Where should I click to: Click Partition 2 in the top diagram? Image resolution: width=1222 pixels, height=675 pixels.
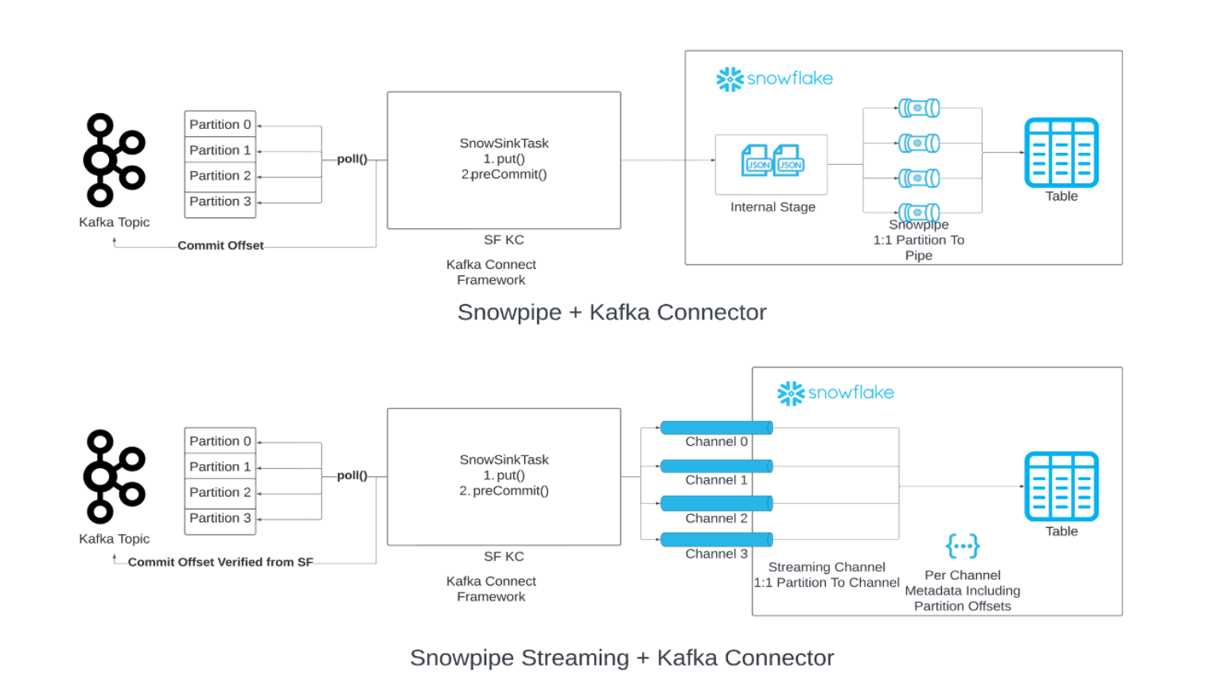coord(220,176)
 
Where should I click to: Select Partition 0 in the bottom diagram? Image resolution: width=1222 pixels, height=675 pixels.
coord(220,441)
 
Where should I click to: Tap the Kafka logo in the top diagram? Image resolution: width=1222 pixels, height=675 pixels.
coord(114,160)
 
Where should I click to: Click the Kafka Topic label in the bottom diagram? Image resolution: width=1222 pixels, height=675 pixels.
coord(114,539)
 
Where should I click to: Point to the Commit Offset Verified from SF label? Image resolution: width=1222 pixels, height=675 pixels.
coord(220,562)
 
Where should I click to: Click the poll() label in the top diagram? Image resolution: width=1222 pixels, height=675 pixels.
coord(352,159)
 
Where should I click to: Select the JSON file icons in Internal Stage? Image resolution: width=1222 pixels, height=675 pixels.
coord(772,161)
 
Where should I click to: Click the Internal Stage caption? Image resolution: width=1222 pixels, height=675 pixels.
coord(773,207)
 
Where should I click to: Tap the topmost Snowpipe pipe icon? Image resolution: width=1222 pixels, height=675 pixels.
coord(919,107)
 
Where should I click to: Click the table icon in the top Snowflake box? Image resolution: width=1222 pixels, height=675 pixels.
coord(1061,153)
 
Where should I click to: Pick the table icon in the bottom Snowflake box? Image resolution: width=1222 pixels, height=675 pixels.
coord(1061,486)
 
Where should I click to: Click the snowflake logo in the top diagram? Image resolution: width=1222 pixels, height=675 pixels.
coord(774,79)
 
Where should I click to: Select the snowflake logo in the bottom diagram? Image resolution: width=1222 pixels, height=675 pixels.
coord(835,393)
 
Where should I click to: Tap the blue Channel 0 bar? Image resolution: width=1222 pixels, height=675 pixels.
coord(716,428)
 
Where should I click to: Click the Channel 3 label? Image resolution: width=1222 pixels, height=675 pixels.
coord(716,554)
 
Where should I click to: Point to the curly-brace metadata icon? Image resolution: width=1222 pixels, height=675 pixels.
coord(963,546)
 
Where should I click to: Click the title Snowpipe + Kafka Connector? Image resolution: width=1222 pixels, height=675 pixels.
coord(611,312)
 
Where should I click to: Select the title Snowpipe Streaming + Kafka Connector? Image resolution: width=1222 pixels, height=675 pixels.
coord(621,657)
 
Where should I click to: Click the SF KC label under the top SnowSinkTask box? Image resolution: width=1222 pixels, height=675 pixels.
coord(504,240)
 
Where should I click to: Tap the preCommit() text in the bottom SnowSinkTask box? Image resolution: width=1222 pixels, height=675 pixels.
coord(510,491)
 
